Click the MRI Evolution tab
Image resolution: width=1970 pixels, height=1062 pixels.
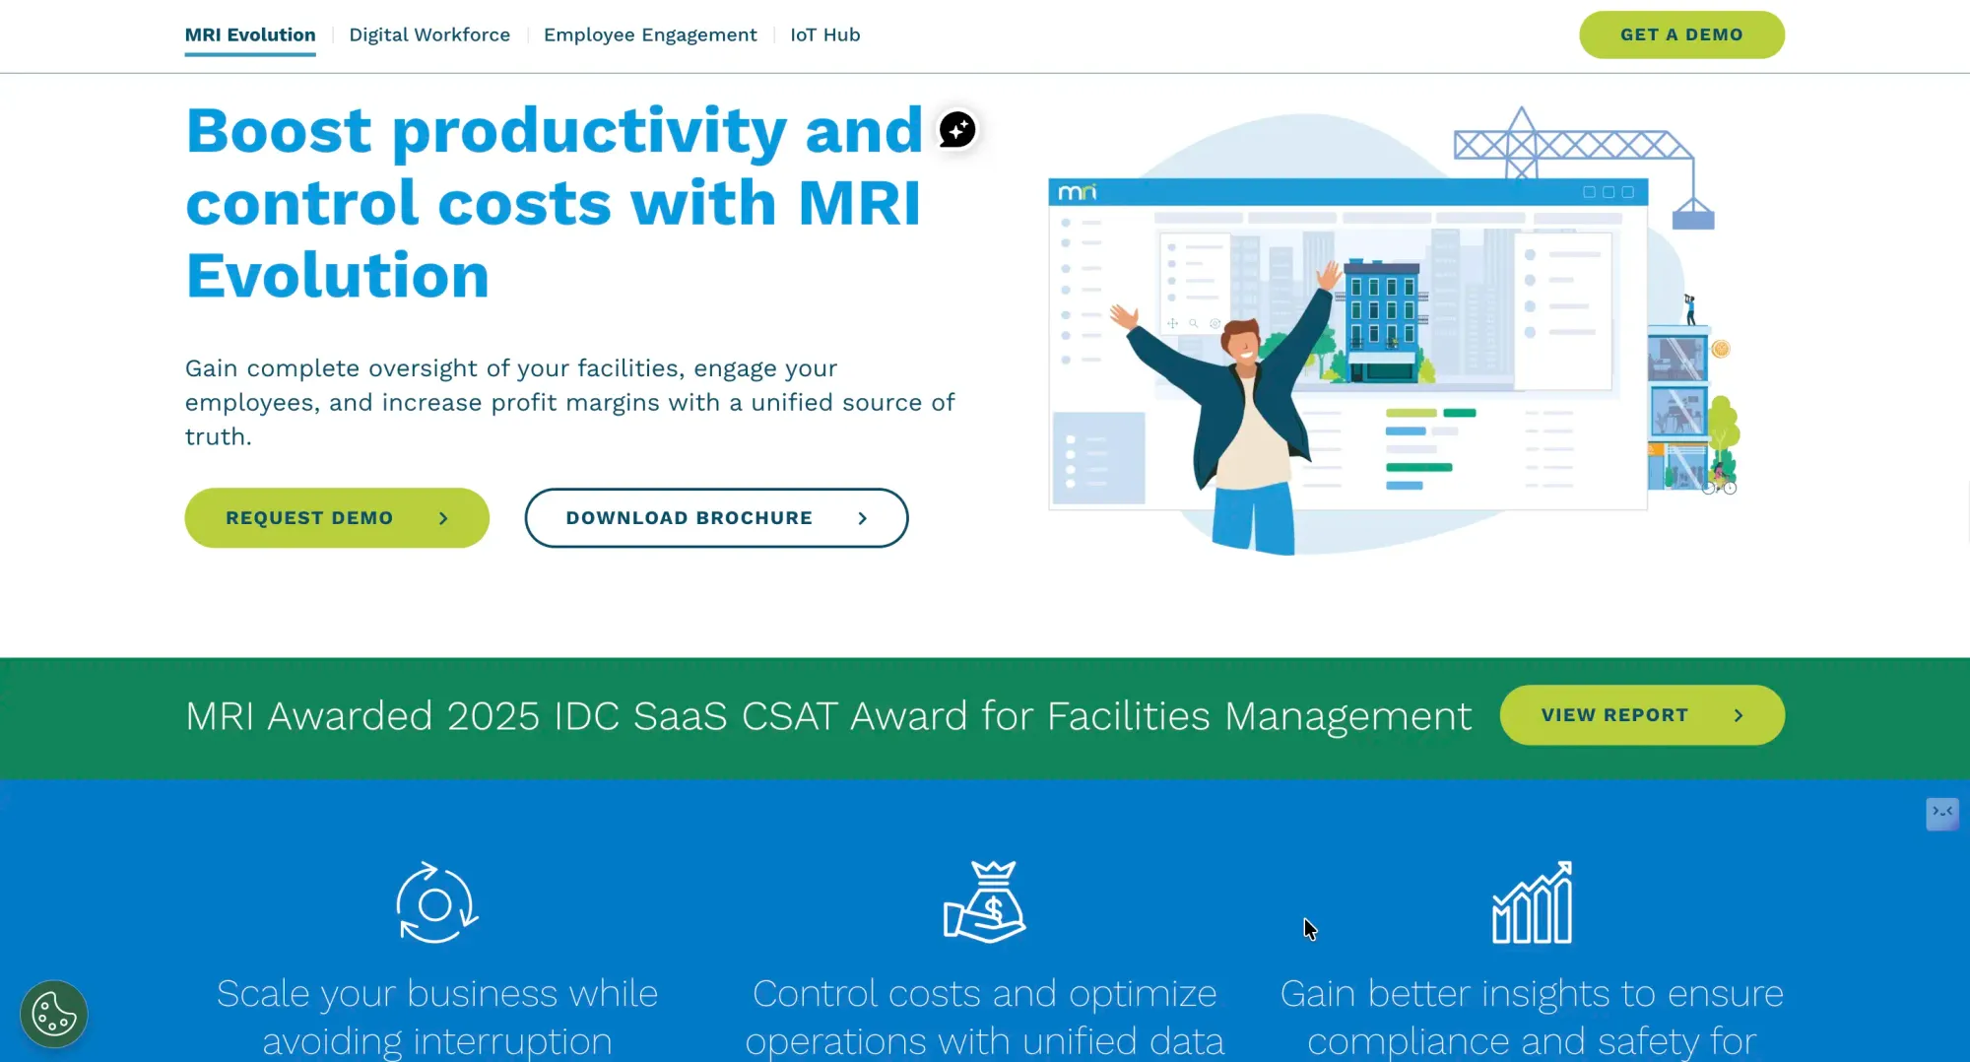(x=250, y=35)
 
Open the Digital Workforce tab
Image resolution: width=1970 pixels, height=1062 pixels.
(x=429, y=35)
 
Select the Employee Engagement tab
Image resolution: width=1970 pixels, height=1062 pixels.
(x=650, y=35)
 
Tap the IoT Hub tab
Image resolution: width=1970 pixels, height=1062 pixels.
(x=825, y=35)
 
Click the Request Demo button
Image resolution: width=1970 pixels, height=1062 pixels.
(x=337, y=518)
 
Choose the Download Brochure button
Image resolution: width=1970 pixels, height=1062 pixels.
(x=716, y=518)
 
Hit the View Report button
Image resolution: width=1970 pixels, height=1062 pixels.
(x=1642, y=715)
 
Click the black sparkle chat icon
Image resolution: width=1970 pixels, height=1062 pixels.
(x=957, y=129)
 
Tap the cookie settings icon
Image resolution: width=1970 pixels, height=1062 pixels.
(x=54, y=1014)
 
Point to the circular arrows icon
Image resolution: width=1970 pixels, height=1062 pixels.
(x=437, y=903)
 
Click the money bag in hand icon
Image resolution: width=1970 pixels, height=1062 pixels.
(x=985, y=902)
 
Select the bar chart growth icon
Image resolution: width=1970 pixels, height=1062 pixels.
(x=1533, y=902)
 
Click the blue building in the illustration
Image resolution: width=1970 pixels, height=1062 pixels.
(x=1384, y=320)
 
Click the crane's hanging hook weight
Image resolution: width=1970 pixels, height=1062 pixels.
(x=1693, y=214)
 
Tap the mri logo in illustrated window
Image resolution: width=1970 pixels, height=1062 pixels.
(x=1077, y=192)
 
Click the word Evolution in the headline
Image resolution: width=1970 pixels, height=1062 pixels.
(x=338, y=275)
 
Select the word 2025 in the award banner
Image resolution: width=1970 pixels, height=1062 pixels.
(x=493, y=716)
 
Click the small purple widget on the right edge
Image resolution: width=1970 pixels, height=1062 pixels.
(x=1942, y=814)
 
